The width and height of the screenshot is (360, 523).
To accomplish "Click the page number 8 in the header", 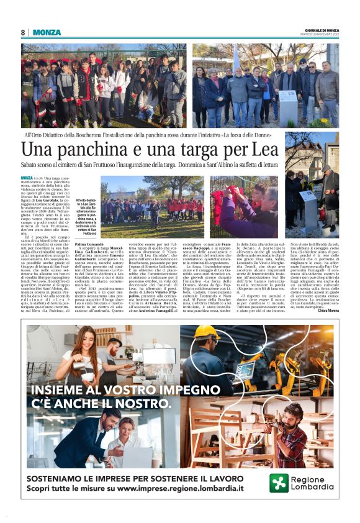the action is click(23, 32).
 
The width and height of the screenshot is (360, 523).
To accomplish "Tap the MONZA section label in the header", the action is click(46, 32).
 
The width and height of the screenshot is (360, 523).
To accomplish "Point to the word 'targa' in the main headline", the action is click(202, 150).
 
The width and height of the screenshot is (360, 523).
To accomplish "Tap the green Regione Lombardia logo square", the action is click(279, 483).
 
